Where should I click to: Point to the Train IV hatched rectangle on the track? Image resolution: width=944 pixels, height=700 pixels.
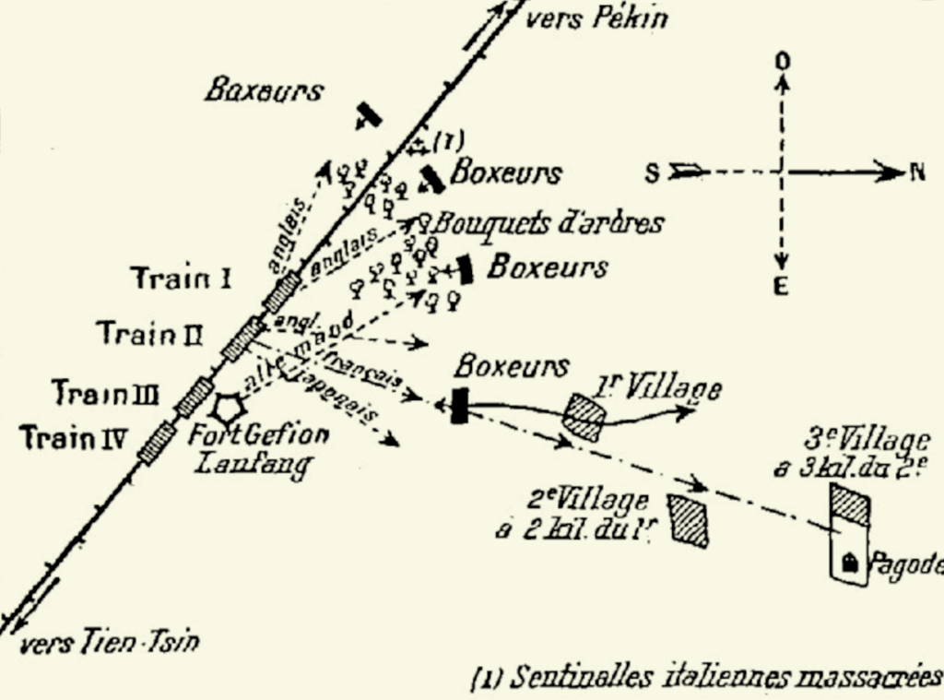click(157, 441)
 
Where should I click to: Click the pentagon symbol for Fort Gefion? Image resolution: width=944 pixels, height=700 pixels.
click(228, 408)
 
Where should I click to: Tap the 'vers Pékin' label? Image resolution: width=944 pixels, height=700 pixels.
click(596, 18)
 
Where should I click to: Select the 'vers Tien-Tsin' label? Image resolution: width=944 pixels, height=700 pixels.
click(109, 643)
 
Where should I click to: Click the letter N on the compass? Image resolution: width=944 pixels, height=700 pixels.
click(916, 172)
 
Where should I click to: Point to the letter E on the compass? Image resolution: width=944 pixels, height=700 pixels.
click(780, 287)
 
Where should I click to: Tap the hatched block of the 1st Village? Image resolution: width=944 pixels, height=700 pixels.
click(584, 417)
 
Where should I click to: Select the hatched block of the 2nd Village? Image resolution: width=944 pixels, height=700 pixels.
click(689, 520)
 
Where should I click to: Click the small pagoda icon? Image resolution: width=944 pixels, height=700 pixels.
click(850, 560)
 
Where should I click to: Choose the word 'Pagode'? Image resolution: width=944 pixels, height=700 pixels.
click(908, 564)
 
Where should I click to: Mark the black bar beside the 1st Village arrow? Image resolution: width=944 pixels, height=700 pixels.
click(459, 406)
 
